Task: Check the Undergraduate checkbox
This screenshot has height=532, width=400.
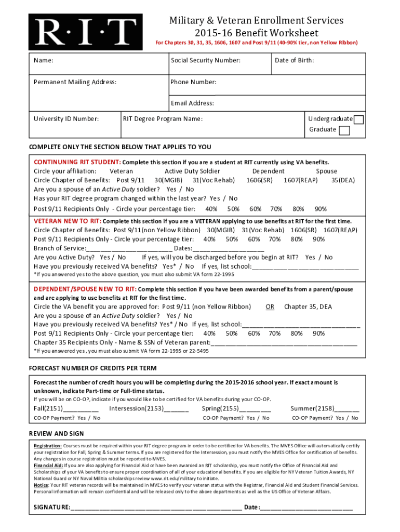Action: [x=358, y=120]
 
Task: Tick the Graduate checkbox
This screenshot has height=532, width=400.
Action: [x=344, y=130]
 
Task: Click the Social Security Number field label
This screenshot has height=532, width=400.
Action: [x=205, y=60]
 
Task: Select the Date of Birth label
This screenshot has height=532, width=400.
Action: [x=294, y=60]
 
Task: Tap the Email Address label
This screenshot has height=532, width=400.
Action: [x=192, y=103]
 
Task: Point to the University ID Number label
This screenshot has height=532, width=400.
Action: [x=66, y=119]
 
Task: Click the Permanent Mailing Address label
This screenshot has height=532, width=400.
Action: [x=75, y=82]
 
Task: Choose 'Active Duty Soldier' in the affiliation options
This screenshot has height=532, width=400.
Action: [x=192, y=171]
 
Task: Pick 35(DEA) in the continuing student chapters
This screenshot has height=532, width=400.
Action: [x=343, y=180]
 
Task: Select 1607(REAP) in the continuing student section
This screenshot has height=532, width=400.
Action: [x=301, y=180]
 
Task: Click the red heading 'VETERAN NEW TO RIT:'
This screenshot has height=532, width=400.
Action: [x=67, y=221]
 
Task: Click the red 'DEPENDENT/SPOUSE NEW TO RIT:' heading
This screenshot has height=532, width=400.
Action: [x=85, y=289]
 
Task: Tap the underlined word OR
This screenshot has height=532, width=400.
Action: [x=270, y=307]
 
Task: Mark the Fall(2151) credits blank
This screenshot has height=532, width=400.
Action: [x=81, y=408]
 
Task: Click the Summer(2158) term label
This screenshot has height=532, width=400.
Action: [x=312, y=408]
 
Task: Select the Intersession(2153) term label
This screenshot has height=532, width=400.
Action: [x=136, y=408]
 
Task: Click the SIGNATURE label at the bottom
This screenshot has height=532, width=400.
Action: [x=51, y=507]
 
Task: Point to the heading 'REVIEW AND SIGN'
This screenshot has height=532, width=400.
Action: [x=56, y=433]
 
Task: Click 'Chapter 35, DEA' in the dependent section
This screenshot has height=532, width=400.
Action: [x=308, y=307]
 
